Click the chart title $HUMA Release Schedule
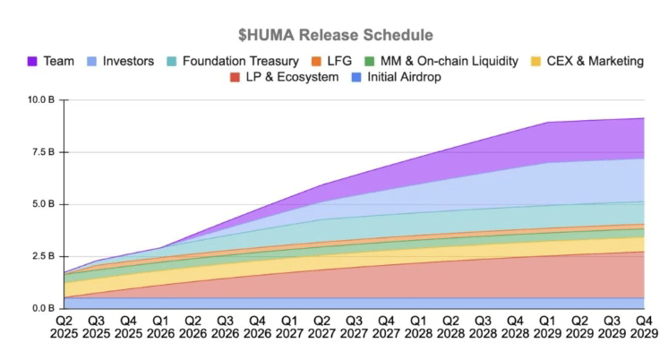[335, 35]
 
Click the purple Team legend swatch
[31, 62]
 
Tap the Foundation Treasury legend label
[240, 62]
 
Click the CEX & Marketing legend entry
[587, 62]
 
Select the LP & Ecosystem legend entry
[291, 78]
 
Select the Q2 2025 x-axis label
[64, 327]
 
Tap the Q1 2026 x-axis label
[161, 327]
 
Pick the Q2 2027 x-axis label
[321, 327]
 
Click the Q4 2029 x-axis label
[643, 327]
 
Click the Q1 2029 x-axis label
[546, 327]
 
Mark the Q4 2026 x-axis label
[257, 327]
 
